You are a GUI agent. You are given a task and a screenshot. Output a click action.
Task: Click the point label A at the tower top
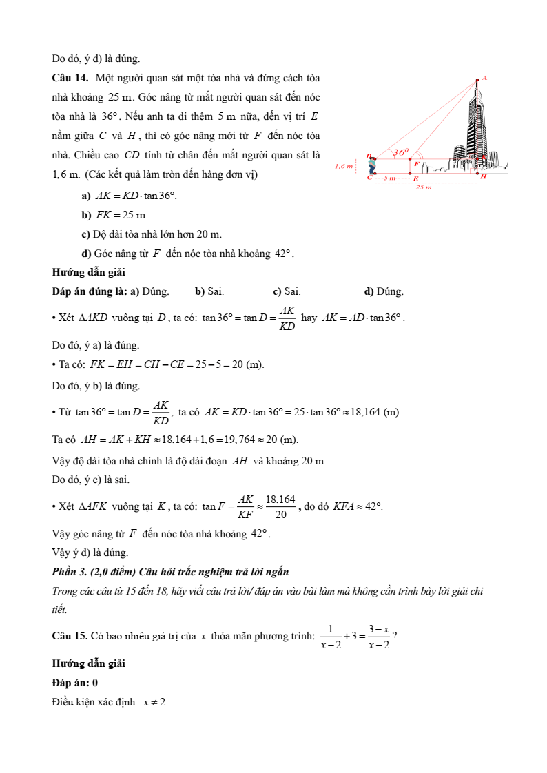(484, 78)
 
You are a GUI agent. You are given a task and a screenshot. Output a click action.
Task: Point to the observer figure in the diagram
(373, 166)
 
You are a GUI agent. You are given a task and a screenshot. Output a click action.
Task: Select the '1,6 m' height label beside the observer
(344, 166)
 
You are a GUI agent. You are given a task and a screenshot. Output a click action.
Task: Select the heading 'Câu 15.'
(70, 636)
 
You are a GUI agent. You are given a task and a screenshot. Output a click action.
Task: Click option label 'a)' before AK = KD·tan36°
(86, 196)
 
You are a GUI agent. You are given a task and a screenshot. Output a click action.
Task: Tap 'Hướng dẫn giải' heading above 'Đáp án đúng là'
(88, 272)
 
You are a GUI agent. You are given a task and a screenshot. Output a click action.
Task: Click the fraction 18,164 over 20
(280, 506)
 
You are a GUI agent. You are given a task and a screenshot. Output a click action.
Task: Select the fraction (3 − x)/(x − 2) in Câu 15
(378, 637)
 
